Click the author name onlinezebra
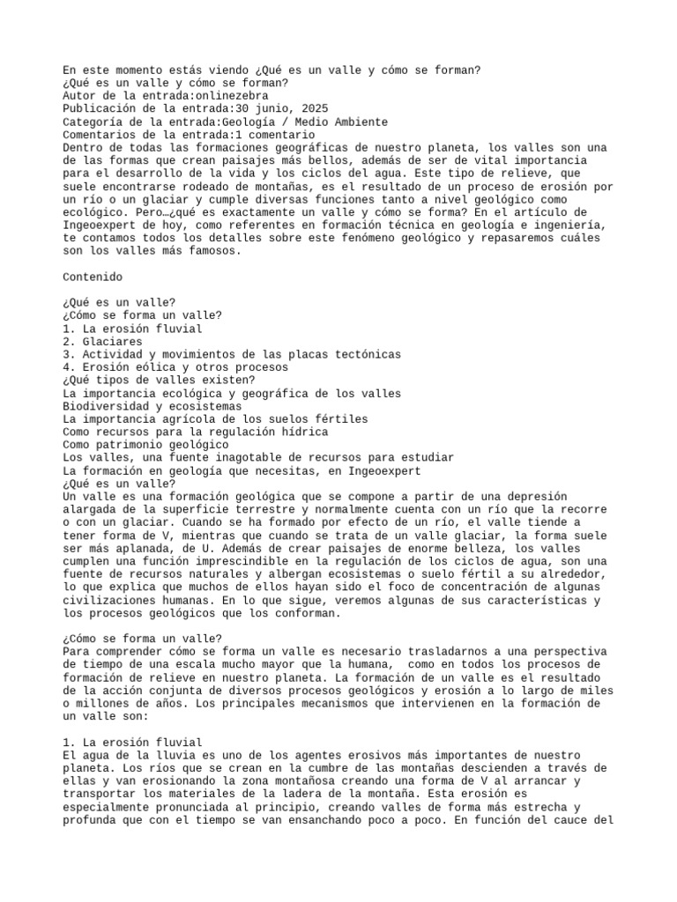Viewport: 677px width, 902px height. (233, 96)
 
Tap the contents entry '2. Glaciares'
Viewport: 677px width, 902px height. (102, 342)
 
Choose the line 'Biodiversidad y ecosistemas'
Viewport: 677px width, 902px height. (152, 407)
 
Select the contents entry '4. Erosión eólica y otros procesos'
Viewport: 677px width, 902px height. (175, 367)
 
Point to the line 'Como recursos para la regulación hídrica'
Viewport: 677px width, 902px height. (195, 433)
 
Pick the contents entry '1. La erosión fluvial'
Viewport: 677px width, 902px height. (132, 329)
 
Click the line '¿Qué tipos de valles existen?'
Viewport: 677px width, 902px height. (159, 381)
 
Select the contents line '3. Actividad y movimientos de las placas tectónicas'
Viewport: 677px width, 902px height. (231, 354)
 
